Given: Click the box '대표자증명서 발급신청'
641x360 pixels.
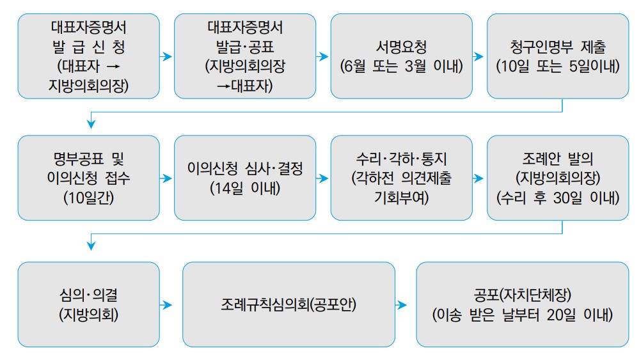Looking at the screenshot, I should click(x=88, y=56).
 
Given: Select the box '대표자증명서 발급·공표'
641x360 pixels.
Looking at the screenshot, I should click(x=245, y=56).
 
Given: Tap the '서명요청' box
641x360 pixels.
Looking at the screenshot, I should click(x=401, y=56).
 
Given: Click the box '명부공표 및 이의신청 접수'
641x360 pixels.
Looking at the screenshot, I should click(x=88, y=178).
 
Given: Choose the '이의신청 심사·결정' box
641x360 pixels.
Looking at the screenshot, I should click(x=245, y=178).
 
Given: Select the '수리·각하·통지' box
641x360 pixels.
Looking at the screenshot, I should click(x=401, y=178).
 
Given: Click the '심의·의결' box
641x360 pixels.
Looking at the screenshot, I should click(x=88, y=304).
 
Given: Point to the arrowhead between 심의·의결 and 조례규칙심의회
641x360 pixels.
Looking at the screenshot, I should click(x=168, y=305).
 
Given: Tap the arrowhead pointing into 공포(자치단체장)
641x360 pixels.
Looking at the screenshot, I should click(x=403, y=305).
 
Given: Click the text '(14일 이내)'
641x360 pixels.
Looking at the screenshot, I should click(x=245, y=189).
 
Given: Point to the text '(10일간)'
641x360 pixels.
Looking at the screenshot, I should click(x=88, y=198).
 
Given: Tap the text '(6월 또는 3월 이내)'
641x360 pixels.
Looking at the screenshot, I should click(x=401, y=66).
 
